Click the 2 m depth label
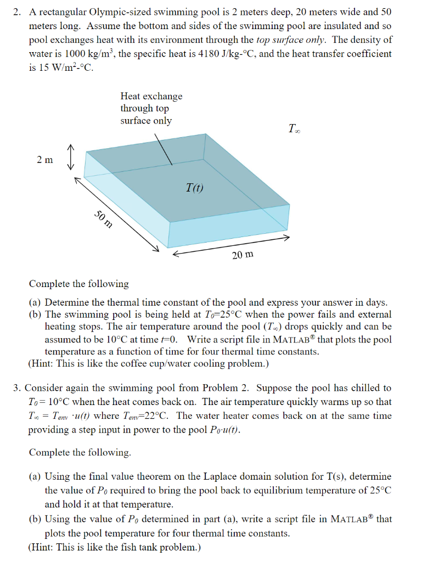coord(45,160)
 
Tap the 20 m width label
coord(243,255)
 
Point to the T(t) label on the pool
coord(194,189)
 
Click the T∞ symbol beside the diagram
coord(294,130)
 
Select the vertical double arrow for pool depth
coord(70,159)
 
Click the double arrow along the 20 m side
coord(231,245)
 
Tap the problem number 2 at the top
coord(16,12)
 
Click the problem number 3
coord(16,388)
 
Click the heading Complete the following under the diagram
coord(78,284)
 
